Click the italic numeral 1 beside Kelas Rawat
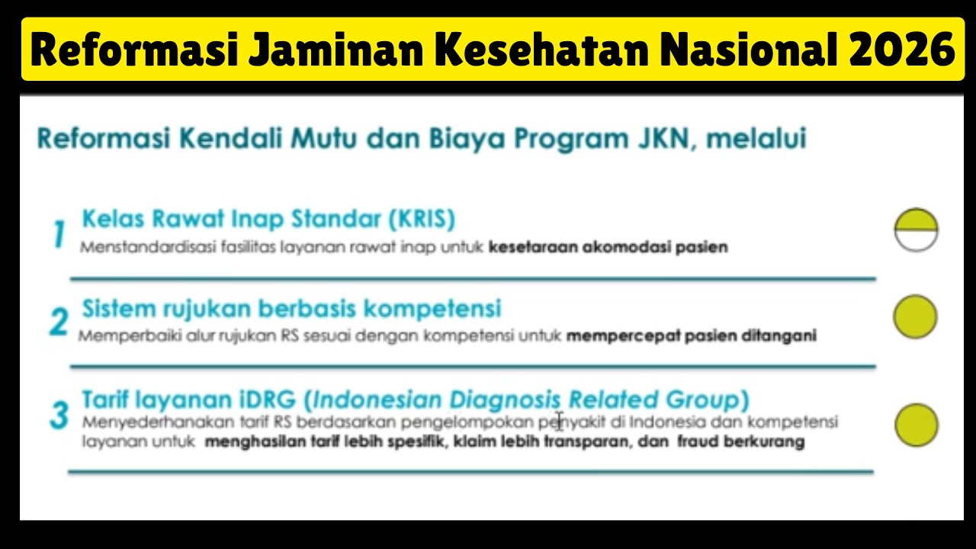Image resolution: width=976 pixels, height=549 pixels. click(x=59, y=234)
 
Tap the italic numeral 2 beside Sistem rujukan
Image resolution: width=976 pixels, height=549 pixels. click(x=59, y=323)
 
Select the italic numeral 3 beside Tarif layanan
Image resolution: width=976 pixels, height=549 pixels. click(x=59, y=416)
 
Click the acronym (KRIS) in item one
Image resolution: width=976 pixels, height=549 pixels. click(x=421, y=220)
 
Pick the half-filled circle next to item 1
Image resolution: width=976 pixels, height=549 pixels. click(x=916, y=230)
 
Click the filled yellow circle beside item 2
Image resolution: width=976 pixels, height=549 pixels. click(x=915, y=316)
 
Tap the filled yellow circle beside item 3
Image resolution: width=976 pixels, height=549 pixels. click(x=916, y=425)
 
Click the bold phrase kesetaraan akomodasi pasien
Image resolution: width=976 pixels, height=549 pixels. click(x=608, y=247)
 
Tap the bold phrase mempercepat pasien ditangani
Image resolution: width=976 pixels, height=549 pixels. click(x=691, y=335)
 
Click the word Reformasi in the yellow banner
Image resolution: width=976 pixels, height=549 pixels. click(x=134, y=50)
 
